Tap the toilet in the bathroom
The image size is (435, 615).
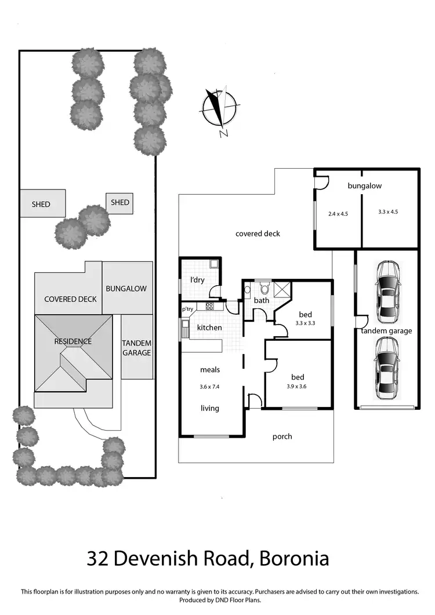(264, 288)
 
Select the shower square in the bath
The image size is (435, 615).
(282, 290)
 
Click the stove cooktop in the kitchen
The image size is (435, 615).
(209, 306)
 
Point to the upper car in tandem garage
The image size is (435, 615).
(388, 292)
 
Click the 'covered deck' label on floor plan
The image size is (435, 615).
(258, 234)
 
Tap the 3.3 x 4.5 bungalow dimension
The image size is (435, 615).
(388, 212)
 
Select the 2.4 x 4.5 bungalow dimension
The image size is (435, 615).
(338, 214)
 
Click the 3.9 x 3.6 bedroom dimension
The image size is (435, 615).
(296, 387)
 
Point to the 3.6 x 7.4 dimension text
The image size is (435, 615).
(209, 387)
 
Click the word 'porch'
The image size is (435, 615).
(282, 436)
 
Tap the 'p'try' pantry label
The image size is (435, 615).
(188, 309)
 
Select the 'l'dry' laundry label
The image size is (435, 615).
(197, 280)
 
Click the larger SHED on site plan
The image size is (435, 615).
(43, 203)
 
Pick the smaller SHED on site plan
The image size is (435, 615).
(119, 203)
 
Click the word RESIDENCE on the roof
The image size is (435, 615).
(73, 341)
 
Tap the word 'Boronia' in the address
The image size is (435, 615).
(294, 559)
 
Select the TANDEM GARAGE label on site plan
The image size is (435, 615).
(137, 348)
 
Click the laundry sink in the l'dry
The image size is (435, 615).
(213, 264)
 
